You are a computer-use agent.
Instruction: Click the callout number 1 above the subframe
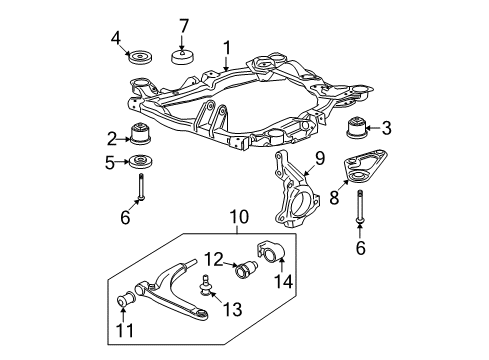(x=227, y=48)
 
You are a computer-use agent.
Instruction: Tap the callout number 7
(x=184, y=26)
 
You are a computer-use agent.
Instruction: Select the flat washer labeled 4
(x=140, y=57)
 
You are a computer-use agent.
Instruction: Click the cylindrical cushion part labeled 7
(x=184, y=56)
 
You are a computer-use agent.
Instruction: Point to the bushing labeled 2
(x=140, y=134)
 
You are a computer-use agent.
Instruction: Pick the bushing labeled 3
(x=355, y=127)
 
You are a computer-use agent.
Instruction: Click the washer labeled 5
(x=140, y=162)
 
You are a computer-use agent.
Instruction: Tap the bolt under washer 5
(x=141, y=187)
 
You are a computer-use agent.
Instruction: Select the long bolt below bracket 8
(x=360, y=207)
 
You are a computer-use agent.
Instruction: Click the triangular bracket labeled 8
(x=364, y=167)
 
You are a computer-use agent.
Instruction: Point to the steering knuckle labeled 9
(x=293, y=190)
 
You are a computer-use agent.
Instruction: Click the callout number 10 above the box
(x=239, y=217)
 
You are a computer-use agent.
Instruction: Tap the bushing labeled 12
(x=247, y=268)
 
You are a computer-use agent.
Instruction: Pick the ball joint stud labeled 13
(x=204, y=285)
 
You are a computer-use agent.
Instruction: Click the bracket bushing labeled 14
(x=270, y=252)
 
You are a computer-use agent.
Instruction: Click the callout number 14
(x=283, y=281)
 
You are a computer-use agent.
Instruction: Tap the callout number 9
(x=320, y=159)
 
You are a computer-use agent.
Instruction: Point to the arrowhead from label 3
(x=368, y=128)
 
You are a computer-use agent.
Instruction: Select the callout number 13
(x=232, y=309)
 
